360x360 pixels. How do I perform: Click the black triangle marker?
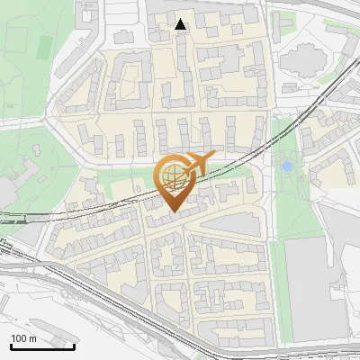pyautogui.click(x=181, y=24)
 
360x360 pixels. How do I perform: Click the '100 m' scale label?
pyautogui.click(x=23, y=337)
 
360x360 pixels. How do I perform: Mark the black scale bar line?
pyautogui.click(x=41, y=346)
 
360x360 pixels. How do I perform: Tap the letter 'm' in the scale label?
pyautogui.click(x=32, y=337)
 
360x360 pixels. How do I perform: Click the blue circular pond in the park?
pyautogui.click(x=286, y=166)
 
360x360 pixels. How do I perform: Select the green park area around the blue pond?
pyautogui.click(x=288, y=193)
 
